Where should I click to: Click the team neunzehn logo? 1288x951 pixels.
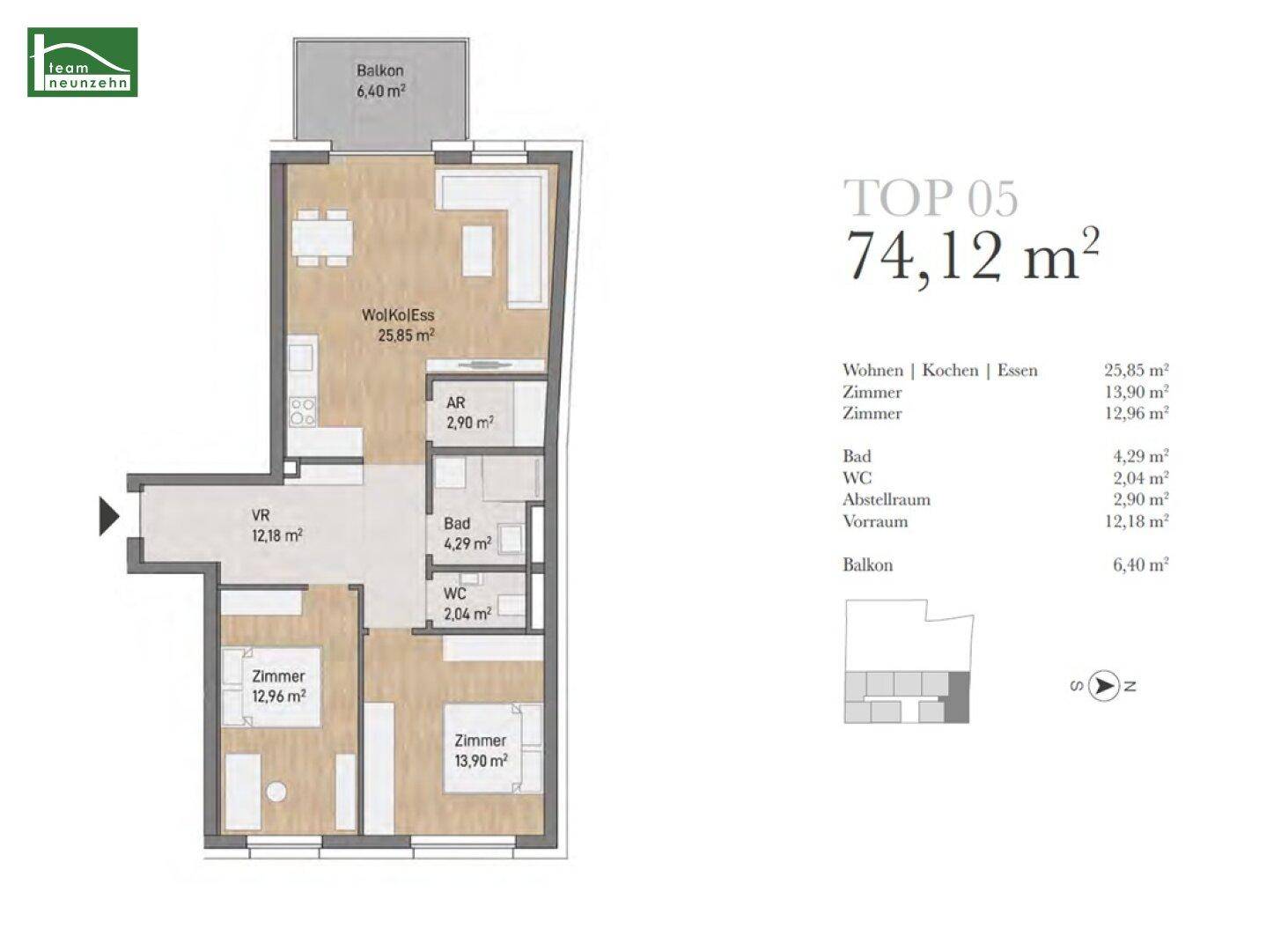pos(83,63)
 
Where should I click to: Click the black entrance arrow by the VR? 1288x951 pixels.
pos(110,516)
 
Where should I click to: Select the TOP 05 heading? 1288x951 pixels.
pos(931,199)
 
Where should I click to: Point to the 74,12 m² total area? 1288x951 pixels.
pos(971,255)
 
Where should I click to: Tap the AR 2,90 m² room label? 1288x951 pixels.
pos(470,412)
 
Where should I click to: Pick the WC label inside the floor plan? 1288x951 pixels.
pos(454,593)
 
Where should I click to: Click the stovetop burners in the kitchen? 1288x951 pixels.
pos(303,411)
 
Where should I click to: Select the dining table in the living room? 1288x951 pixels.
pos(322,238)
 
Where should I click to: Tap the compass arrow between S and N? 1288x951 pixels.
pos(1103,686)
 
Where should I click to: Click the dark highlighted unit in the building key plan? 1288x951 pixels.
pos(957,697)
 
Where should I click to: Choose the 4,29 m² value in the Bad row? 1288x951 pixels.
pos(1140,456)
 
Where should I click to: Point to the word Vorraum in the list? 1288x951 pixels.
pos(875,521)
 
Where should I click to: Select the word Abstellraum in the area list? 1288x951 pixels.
pos(887,499)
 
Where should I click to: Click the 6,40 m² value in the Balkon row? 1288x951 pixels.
pos(1140,564)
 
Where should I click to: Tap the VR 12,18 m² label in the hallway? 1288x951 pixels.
pos(276,525)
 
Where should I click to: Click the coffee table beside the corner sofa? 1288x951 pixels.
pos(477,251)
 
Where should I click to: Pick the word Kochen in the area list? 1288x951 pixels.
pos(950,370)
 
